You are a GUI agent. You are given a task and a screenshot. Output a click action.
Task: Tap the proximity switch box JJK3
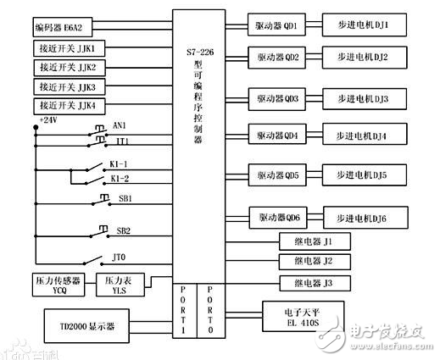click(71, 86)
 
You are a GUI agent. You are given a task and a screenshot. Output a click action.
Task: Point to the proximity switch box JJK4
click(71, 106)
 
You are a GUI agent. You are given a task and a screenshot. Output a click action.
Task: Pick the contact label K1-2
click(120, 180)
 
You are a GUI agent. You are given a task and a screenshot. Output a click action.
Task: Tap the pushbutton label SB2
click(123, 230)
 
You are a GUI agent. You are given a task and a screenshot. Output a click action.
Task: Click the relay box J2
click(315, 259)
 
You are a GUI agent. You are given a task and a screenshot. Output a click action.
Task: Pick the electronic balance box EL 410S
click(305, 317)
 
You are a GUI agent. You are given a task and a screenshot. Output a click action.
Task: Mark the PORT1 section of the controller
click(184, 311)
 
